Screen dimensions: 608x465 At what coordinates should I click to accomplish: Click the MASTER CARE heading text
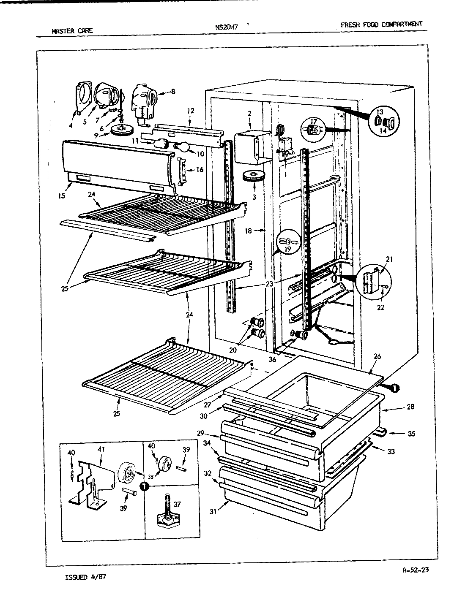[x=71, y=30]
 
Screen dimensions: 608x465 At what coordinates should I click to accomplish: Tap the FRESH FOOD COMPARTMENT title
[x=381, y=24]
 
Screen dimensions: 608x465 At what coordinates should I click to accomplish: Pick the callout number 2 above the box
[x=249, y=113]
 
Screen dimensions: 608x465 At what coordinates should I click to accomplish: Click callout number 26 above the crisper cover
[x=377, y=356]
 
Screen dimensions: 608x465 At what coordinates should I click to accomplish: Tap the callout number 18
[x=248, y=231]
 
